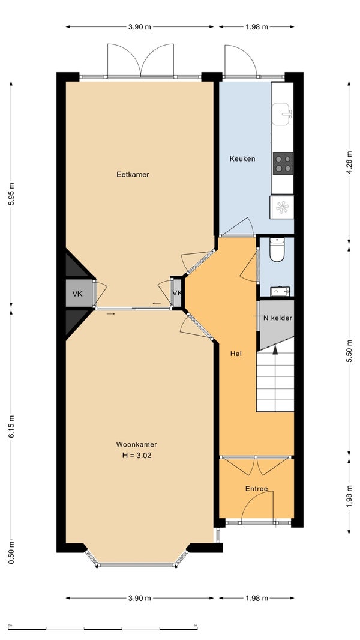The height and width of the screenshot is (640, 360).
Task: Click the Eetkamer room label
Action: point(133,175)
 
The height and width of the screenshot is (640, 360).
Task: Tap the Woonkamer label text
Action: point(137,444)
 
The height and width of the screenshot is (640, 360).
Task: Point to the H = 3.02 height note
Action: point(137,456)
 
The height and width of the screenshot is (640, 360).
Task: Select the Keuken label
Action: point(242,158)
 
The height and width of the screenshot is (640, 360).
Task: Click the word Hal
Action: point(236,354)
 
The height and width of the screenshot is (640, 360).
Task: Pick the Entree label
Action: point(256,489)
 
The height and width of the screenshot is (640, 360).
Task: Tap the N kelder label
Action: point(278,318)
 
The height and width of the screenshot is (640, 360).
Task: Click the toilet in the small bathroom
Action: point(277,250)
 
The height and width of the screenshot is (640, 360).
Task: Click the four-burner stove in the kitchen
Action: point(283,163)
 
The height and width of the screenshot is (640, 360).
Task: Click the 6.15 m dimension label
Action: point(11,427)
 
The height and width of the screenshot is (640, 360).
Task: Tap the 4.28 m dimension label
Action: point(349,162)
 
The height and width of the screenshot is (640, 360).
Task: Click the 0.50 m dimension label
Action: point(11,553)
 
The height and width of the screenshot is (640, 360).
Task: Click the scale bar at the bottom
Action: point(103,629)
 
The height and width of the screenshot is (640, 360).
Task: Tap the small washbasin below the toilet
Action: point(280,291)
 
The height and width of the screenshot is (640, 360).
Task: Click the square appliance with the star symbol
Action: point(282,207)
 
